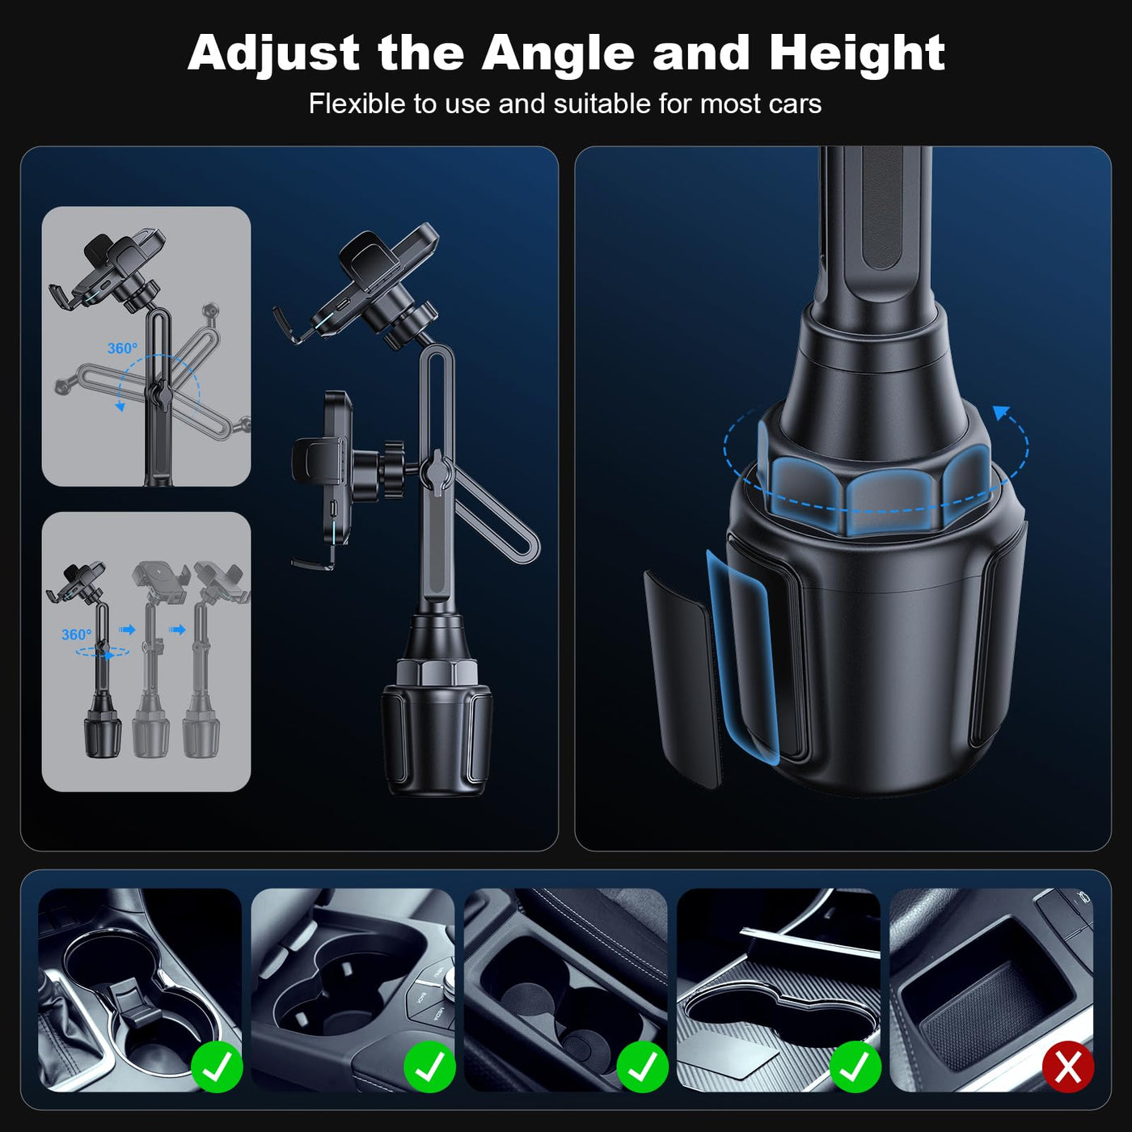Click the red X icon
point(1068,1067)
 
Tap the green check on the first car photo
point(217,1067)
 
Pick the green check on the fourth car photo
point(855,1067)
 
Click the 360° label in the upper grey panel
point(122,348)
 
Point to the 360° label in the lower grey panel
point(76,635)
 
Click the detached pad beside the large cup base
point(682,678)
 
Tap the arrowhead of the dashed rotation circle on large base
point(1002,413)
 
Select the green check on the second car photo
point(429,1067)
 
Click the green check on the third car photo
point(642,1067)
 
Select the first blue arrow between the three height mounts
point(128,630)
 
